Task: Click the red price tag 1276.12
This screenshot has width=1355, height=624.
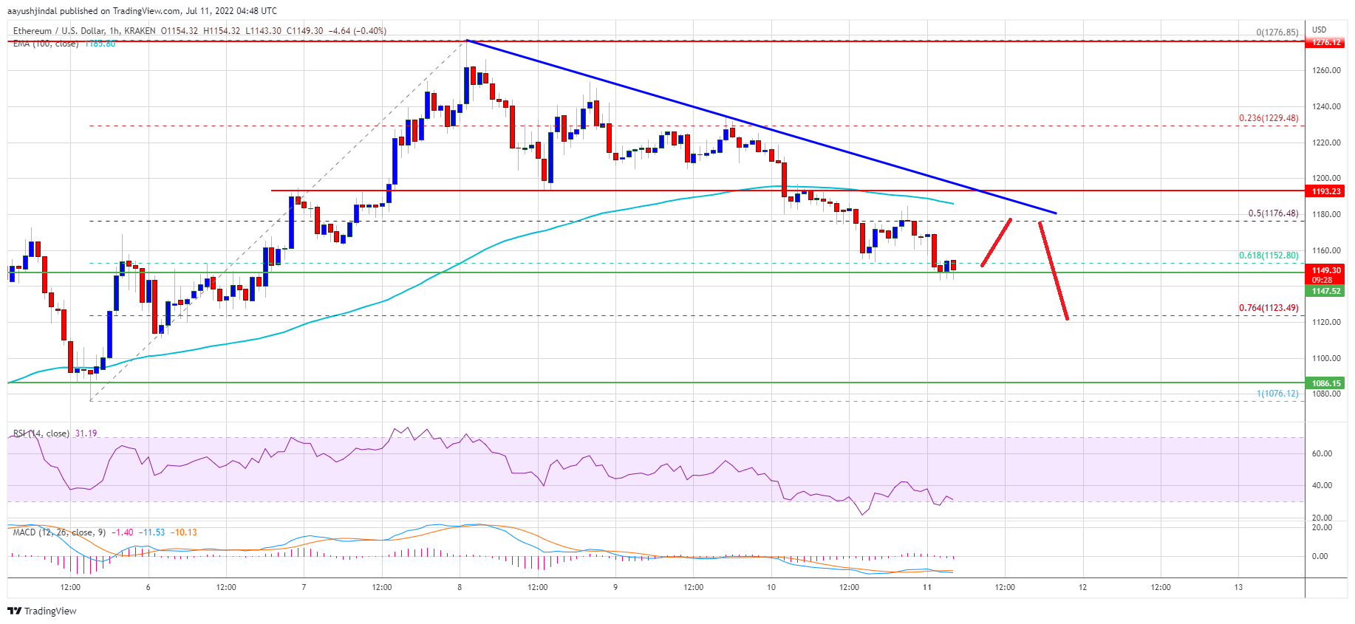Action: [x=1326, y=43]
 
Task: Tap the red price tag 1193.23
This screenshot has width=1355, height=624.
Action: [x=1326, y=191]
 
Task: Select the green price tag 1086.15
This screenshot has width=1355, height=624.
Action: [x=1326, y=383]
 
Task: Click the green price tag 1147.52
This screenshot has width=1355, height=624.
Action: [x=1326, y=291]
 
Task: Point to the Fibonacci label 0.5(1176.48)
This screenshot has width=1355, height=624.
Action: [x=1272, y=213]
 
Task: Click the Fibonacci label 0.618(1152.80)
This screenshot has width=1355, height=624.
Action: [x=1268, y=256]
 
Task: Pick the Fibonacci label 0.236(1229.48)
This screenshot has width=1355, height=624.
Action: [x=1268, y=118]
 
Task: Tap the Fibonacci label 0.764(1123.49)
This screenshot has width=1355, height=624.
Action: [x=1268, y=308]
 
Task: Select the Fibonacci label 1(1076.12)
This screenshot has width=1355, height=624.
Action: [x=1277, y=394]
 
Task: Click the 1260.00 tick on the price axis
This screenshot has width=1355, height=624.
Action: [x=1325, y=71]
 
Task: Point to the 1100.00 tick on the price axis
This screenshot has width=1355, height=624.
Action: [x=1325, y=358]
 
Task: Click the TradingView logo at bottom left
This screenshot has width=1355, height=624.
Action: [x=42, y=611]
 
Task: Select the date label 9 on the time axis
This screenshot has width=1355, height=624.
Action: [x=615, y=587]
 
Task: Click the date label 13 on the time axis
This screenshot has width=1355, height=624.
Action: [x=1238, y=587]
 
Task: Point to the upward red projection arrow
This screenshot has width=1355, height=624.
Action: [x=996, y=242]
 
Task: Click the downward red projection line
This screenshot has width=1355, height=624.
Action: [x=1054, y=271]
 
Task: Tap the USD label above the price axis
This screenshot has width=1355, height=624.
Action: [x=1319, y=30]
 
